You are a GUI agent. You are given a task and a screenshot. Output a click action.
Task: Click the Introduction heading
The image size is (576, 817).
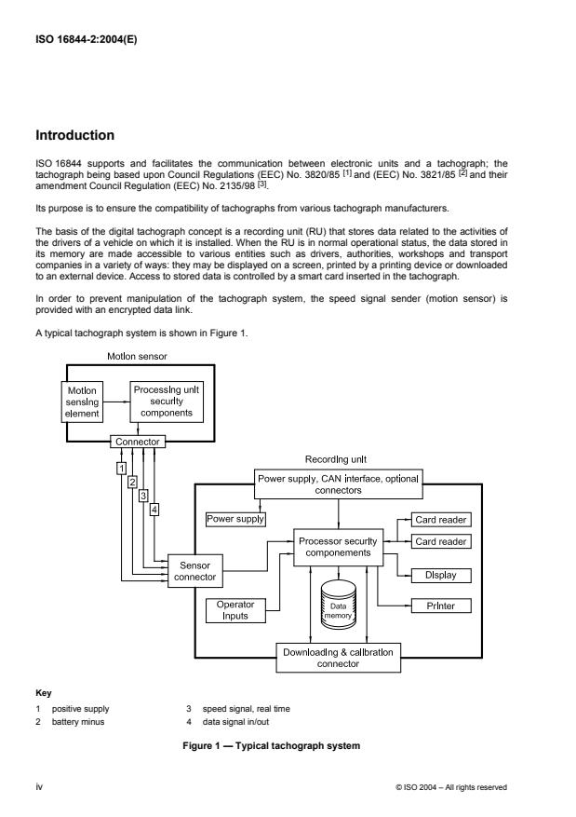(x=74, y=136)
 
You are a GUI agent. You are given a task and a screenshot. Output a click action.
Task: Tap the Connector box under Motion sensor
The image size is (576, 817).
(x=137, y=442)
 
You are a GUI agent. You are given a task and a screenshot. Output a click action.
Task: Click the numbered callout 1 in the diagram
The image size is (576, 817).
(x=121, y=467)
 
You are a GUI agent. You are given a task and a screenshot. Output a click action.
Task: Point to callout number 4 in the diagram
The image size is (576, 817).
(x=154, y=509)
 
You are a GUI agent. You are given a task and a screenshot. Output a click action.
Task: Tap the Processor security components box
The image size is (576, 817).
(x=339, y=546)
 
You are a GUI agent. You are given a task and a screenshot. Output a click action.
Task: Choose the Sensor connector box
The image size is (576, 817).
(x=194, y=571)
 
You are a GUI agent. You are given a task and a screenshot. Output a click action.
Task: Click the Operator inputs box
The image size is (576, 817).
(x=234, y=611)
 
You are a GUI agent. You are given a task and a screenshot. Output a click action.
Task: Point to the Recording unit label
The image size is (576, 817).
(x=337, y=459)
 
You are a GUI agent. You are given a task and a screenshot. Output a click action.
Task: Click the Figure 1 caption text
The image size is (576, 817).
(x=288, y=748)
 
